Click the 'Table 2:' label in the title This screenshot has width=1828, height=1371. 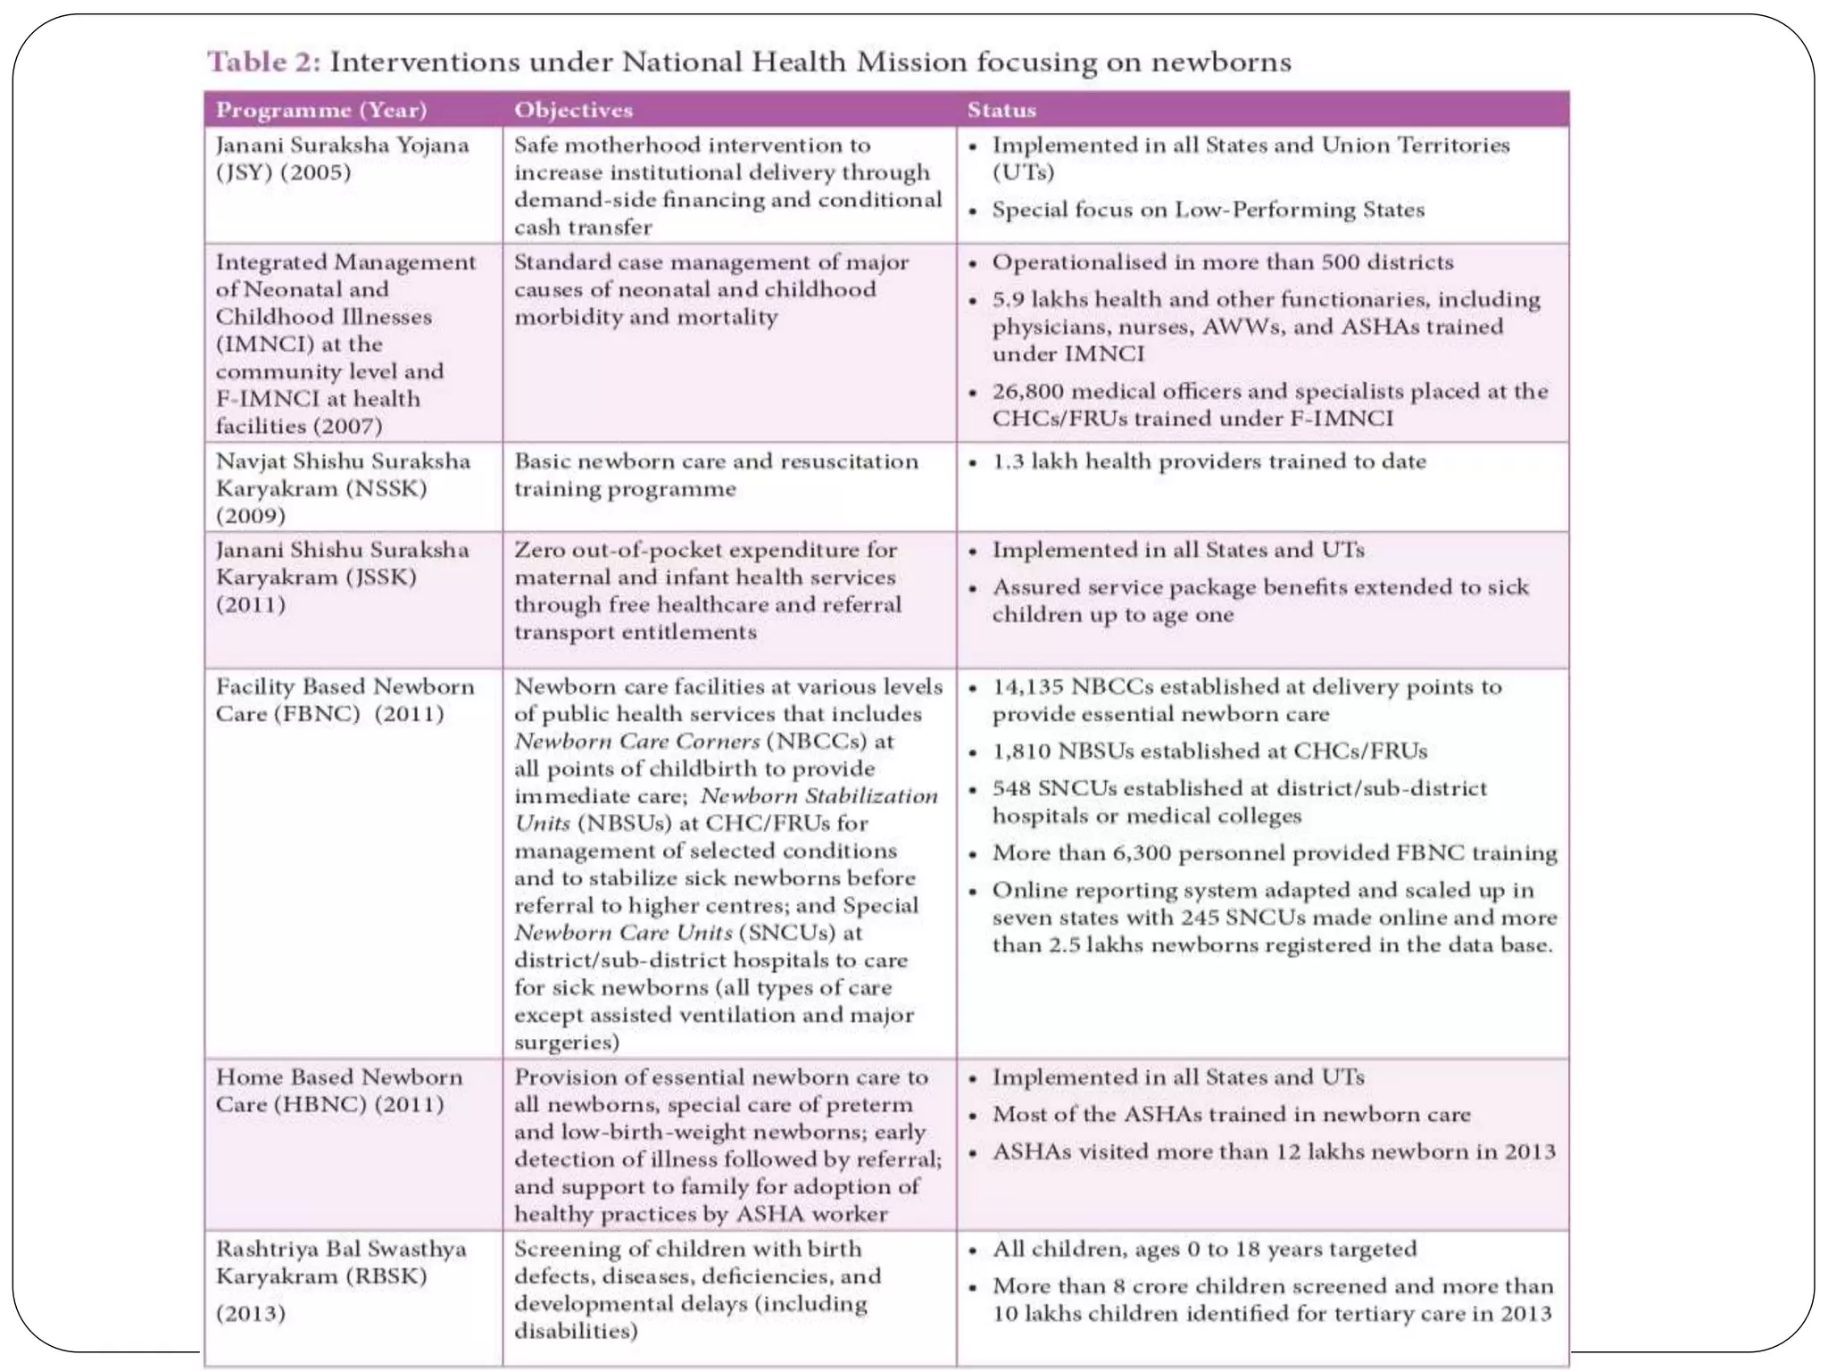[263, 62]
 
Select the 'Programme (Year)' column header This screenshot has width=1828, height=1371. [321, 110]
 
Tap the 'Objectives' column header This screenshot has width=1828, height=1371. [573, 110]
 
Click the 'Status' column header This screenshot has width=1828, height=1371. [1001, 110]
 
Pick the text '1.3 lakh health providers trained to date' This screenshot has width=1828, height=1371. [1209, 461]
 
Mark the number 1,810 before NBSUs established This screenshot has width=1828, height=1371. [1022, 751]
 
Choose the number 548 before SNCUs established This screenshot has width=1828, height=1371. [1011, 788]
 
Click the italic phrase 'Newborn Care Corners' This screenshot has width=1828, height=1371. [637, 741]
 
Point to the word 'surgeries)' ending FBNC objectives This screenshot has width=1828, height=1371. [566, 1042]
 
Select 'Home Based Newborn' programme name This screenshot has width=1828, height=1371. [339, 1076]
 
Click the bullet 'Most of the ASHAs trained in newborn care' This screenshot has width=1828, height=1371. [1231, 1114]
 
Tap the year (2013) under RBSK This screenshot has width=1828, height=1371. [251, 1313]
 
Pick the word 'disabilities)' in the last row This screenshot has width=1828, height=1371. [576, 1331]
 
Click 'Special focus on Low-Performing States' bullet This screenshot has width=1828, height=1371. [1208, 210]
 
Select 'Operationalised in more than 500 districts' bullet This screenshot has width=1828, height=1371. [1222, 262]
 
